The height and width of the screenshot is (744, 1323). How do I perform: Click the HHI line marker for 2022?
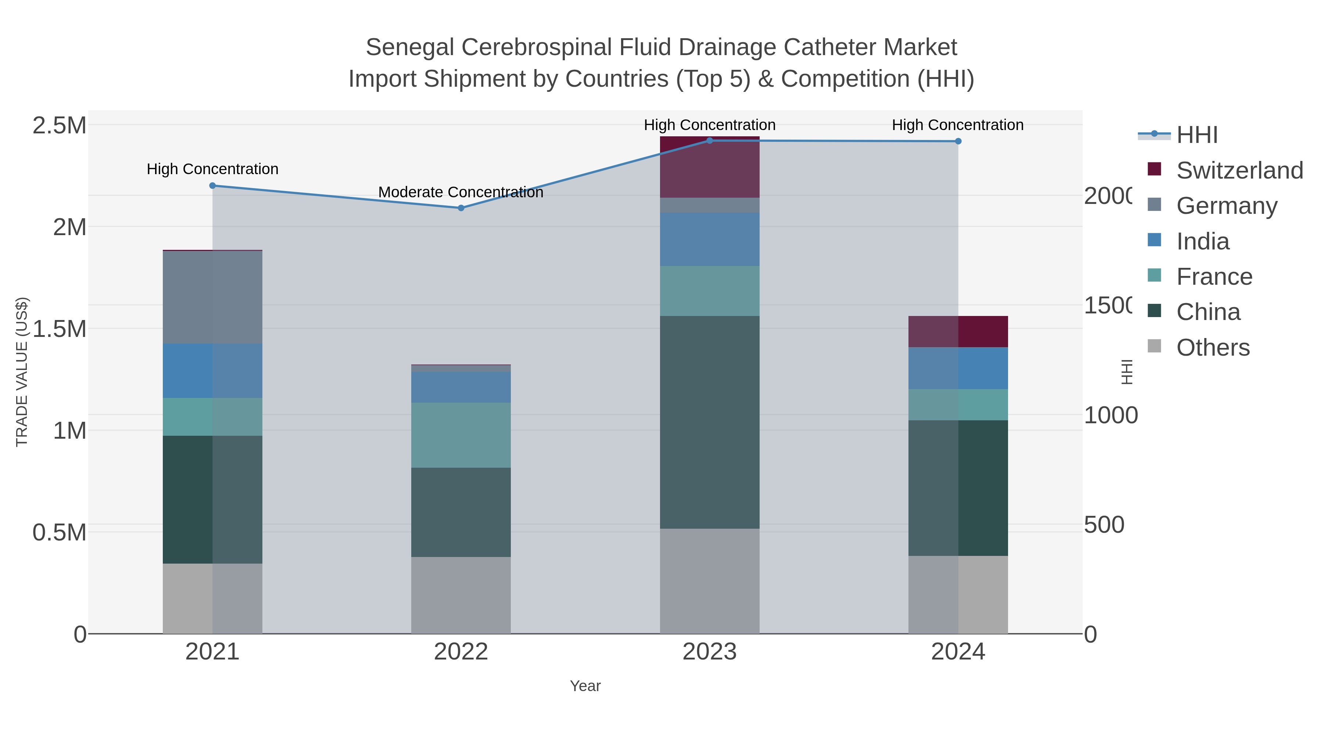tap(461, 208)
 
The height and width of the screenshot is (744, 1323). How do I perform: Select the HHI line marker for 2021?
tap(213, 186)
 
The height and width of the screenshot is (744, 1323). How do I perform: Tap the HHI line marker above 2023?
tap(710, 141)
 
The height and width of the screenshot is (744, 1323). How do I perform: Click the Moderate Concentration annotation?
tap(461, 192)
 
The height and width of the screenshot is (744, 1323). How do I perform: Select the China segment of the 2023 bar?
tap(709, 422)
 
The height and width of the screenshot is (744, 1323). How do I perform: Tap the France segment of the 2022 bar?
tap(461, 435)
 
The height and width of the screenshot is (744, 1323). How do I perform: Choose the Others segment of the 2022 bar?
tap(461, 595)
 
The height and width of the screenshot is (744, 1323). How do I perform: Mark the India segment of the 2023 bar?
tap(709, 239)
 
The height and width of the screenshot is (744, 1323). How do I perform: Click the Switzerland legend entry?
tap(1239, 170)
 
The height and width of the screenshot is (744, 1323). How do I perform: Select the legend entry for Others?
tap(1213, 348)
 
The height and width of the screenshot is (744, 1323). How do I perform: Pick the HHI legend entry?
tap(1197, 135)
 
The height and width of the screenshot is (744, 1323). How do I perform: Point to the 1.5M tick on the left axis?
tap(60, 328)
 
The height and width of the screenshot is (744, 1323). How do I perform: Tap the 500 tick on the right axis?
tap(1104, 525)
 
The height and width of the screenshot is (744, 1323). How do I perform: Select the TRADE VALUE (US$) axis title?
tap(22, 372)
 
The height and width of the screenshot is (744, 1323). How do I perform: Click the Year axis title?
tap(585, 686)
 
